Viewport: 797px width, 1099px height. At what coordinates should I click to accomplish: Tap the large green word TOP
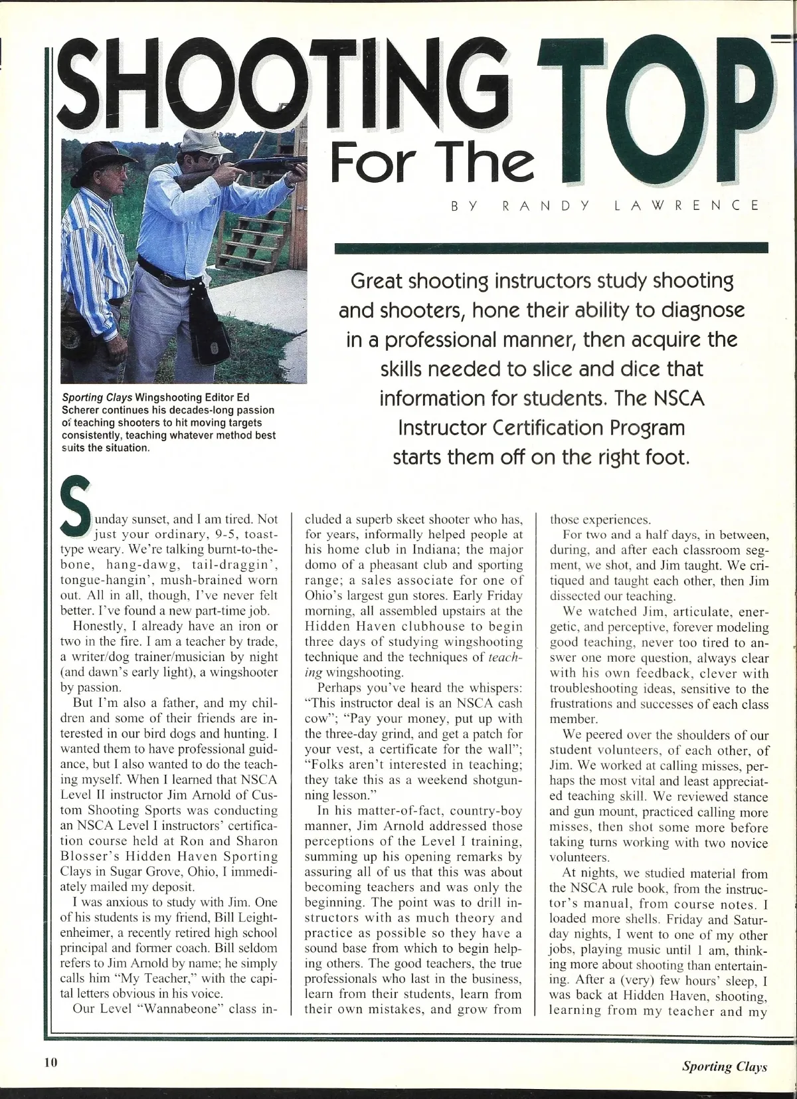(x=664, y=126)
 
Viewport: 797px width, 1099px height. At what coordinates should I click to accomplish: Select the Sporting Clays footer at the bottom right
(x=724, y=1066)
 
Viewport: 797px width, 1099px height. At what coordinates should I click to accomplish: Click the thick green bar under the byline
(x=551, y=248)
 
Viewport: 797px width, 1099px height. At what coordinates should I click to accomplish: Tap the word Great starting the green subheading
(x=378, y=281)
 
